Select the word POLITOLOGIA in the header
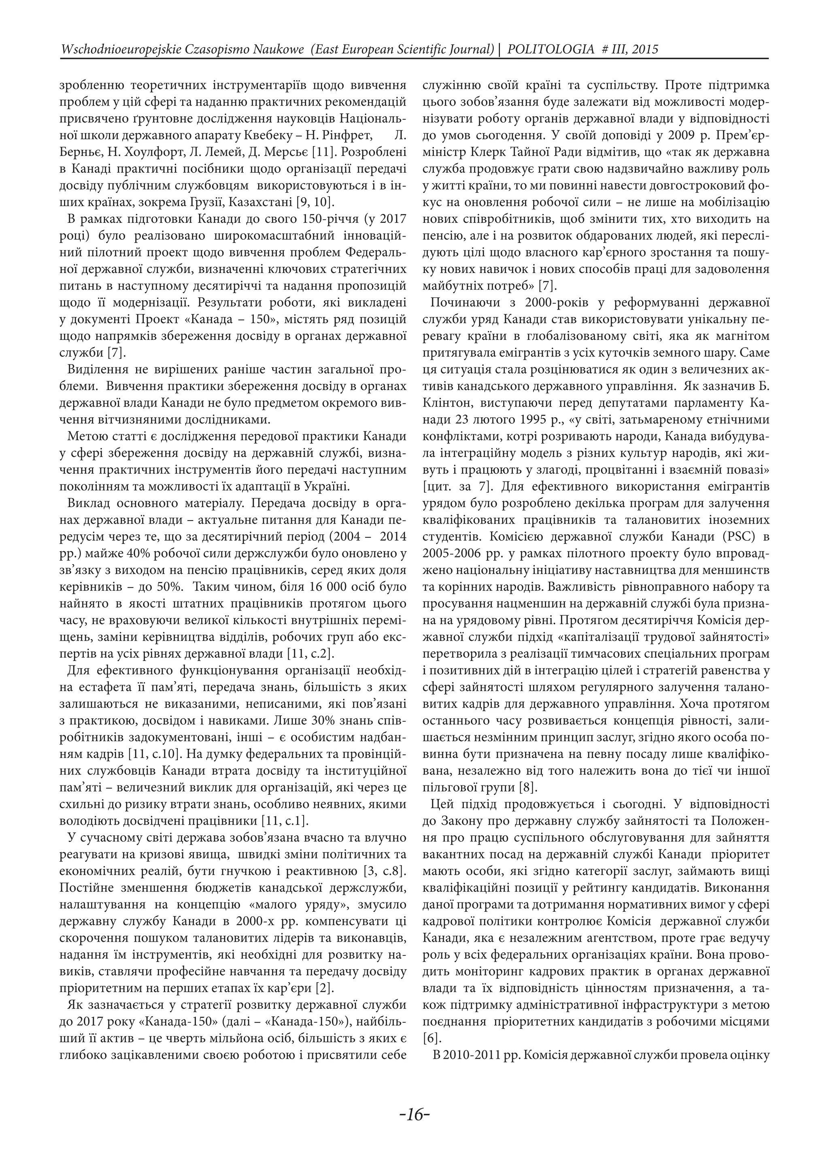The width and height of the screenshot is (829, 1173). pos(551,49)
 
